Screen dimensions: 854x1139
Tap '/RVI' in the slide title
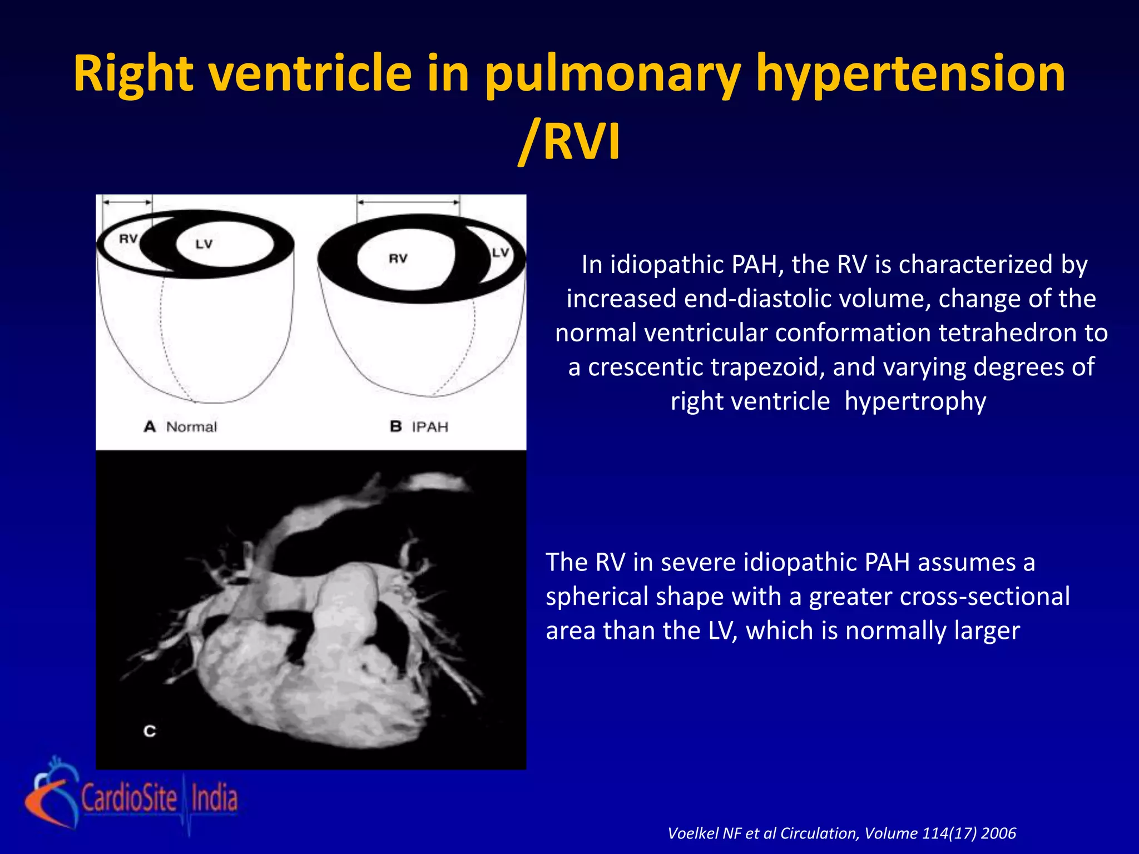point(569,142)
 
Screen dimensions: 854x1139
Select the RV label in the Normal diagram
point(128,239)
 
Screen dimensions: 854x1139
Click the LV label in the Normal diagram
point(204,244)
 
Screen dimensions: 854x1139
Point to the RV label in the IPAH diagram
point(398,259)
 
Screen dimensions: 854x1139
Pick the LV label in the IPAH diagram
point(501,252)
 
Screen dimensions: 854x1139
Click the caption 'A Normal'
point(180,427)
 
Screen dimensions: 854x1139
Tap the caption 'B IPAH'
point(419,427)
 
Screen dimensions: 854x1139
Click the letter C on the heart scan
point(150,731)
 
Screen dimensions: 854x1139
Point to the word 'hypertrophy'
point(915,401)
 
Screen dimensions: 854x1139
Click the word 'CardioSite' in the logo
point(130,798)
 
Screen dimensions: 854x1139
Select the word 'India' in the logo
point(215,798)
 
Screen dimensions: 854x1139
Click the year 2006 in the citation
point(999,833)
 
